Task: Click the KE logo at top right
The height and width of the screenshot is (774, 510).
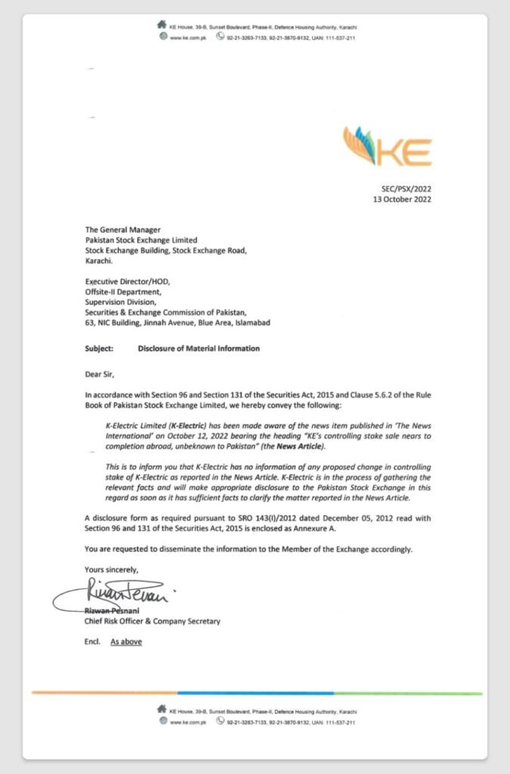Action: [x=387, y=147]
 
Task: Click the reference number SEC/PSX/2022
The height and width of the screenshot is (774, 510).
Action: [x=406, y=189]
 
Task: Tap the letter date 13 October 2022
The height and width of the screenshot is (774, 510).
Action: [x=402, y=200]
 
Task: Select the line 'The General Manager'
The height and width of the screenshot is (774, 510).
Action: [x=122, y=230]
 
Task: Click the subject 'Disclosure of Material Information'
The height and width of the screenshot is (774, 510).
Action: [x=199, y=348]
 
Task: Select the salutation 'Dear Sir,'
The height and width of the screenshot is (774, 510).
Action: [x=103, y=373]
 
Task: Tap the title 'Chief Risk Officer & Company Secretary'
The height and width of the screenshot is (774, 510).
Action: [x=152, y=621]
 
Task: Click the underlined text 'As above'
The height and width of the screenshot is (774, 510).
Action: [x=126, y=642]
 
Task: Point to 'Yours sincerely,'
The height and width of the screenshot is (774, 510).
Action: [x=112, y=569]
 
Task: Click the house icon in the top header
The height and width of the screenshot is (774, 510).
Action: [x=162, y=25]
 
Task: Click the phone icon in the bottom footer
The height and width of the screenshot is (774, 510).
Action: [x=221, y=722]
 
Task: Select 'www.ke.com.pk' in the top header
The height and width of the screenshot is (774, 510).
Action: [x=188, y=36]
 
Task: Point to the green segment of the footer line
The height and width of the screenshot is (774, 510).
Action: [x=408, y=693]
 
